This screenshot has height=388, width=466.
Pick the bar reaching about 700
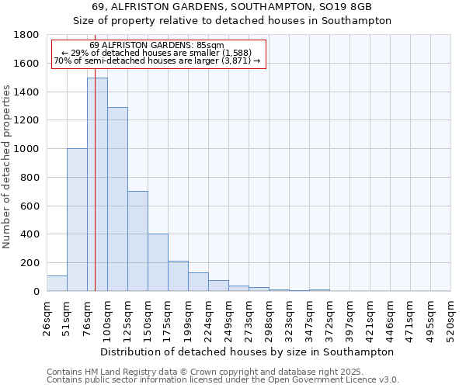click(137, 241)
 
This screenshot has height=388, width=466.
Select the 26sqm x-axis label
click(47, 317)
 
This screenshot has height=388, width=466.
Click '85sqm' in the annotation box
click(208, 46)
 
